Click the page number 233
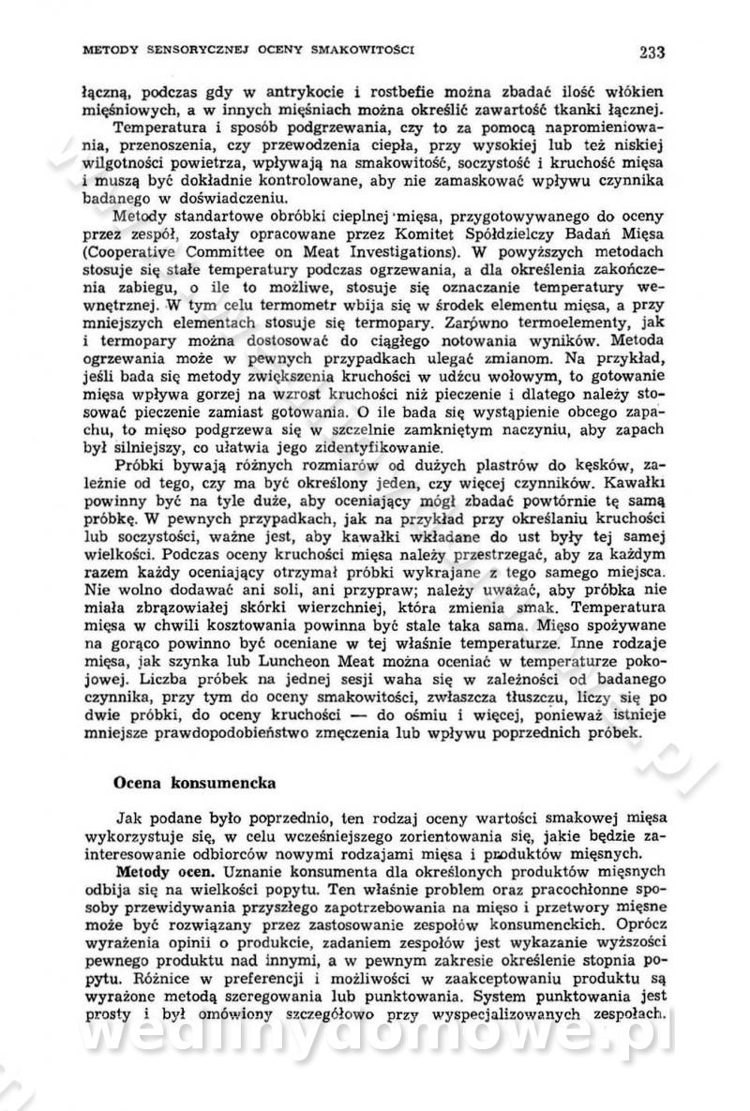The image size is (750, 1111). coord(652,52)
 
